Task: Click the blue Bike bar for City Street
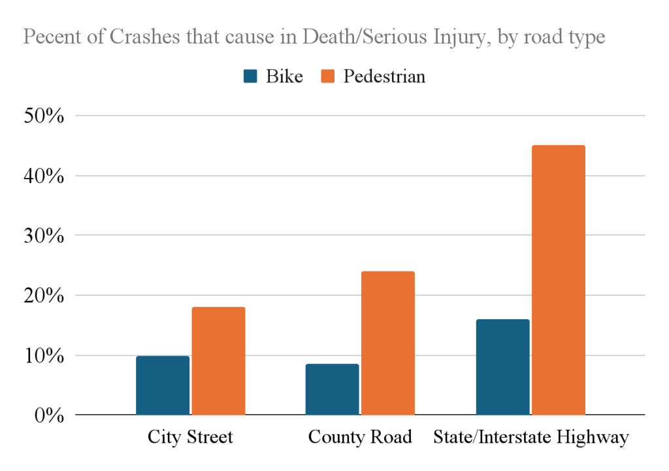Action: click(x=163, y=385)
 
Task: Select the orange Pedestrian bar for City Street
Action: click(x=218, y=361)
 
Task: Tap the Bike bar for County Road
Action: click(x=332, y=389)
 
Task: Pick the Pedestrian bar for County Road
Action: click(x=387, y=343)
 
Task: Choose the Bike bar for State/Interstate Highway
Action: click(x=502, y=367)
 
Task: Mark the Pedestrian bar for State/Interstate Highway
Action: click(x=558, y=280)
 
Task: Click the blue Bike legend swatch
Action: click(x=250, y=77)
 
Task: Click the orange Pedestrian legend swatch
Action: click(x=329, y=77)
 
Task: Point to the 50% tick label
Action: click(x=42, y=116)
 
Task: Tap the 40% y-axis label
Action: click(x=42, y=176)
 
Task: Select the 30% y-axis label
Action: click(x=42, y=235)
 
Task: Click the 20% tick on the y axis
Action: click(x=42, y=296)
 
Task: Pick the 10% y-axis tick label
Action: click(x=42, y=356)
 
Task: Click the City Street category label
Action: click(x=190, y=437)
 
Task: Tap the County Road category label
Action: click(x=360, y=437)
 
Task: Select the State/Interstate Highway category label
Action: click(x=530, y=437)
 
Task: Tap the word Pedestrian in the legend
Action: click(x=384, y=77)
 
